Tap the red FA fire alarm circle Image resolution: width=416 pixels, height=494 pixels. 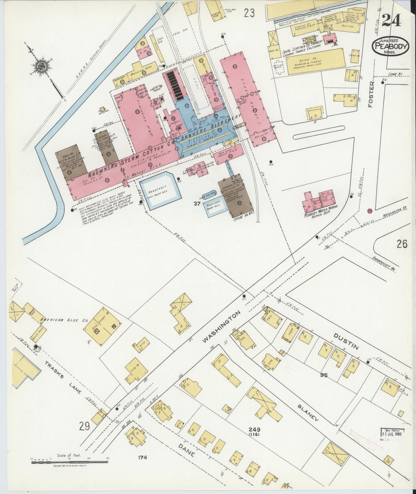pyautogui.click(x=370, y=211)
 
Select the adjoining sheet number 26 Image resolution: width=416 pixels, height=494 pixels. pyautogui.click(x=402, y=244)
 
